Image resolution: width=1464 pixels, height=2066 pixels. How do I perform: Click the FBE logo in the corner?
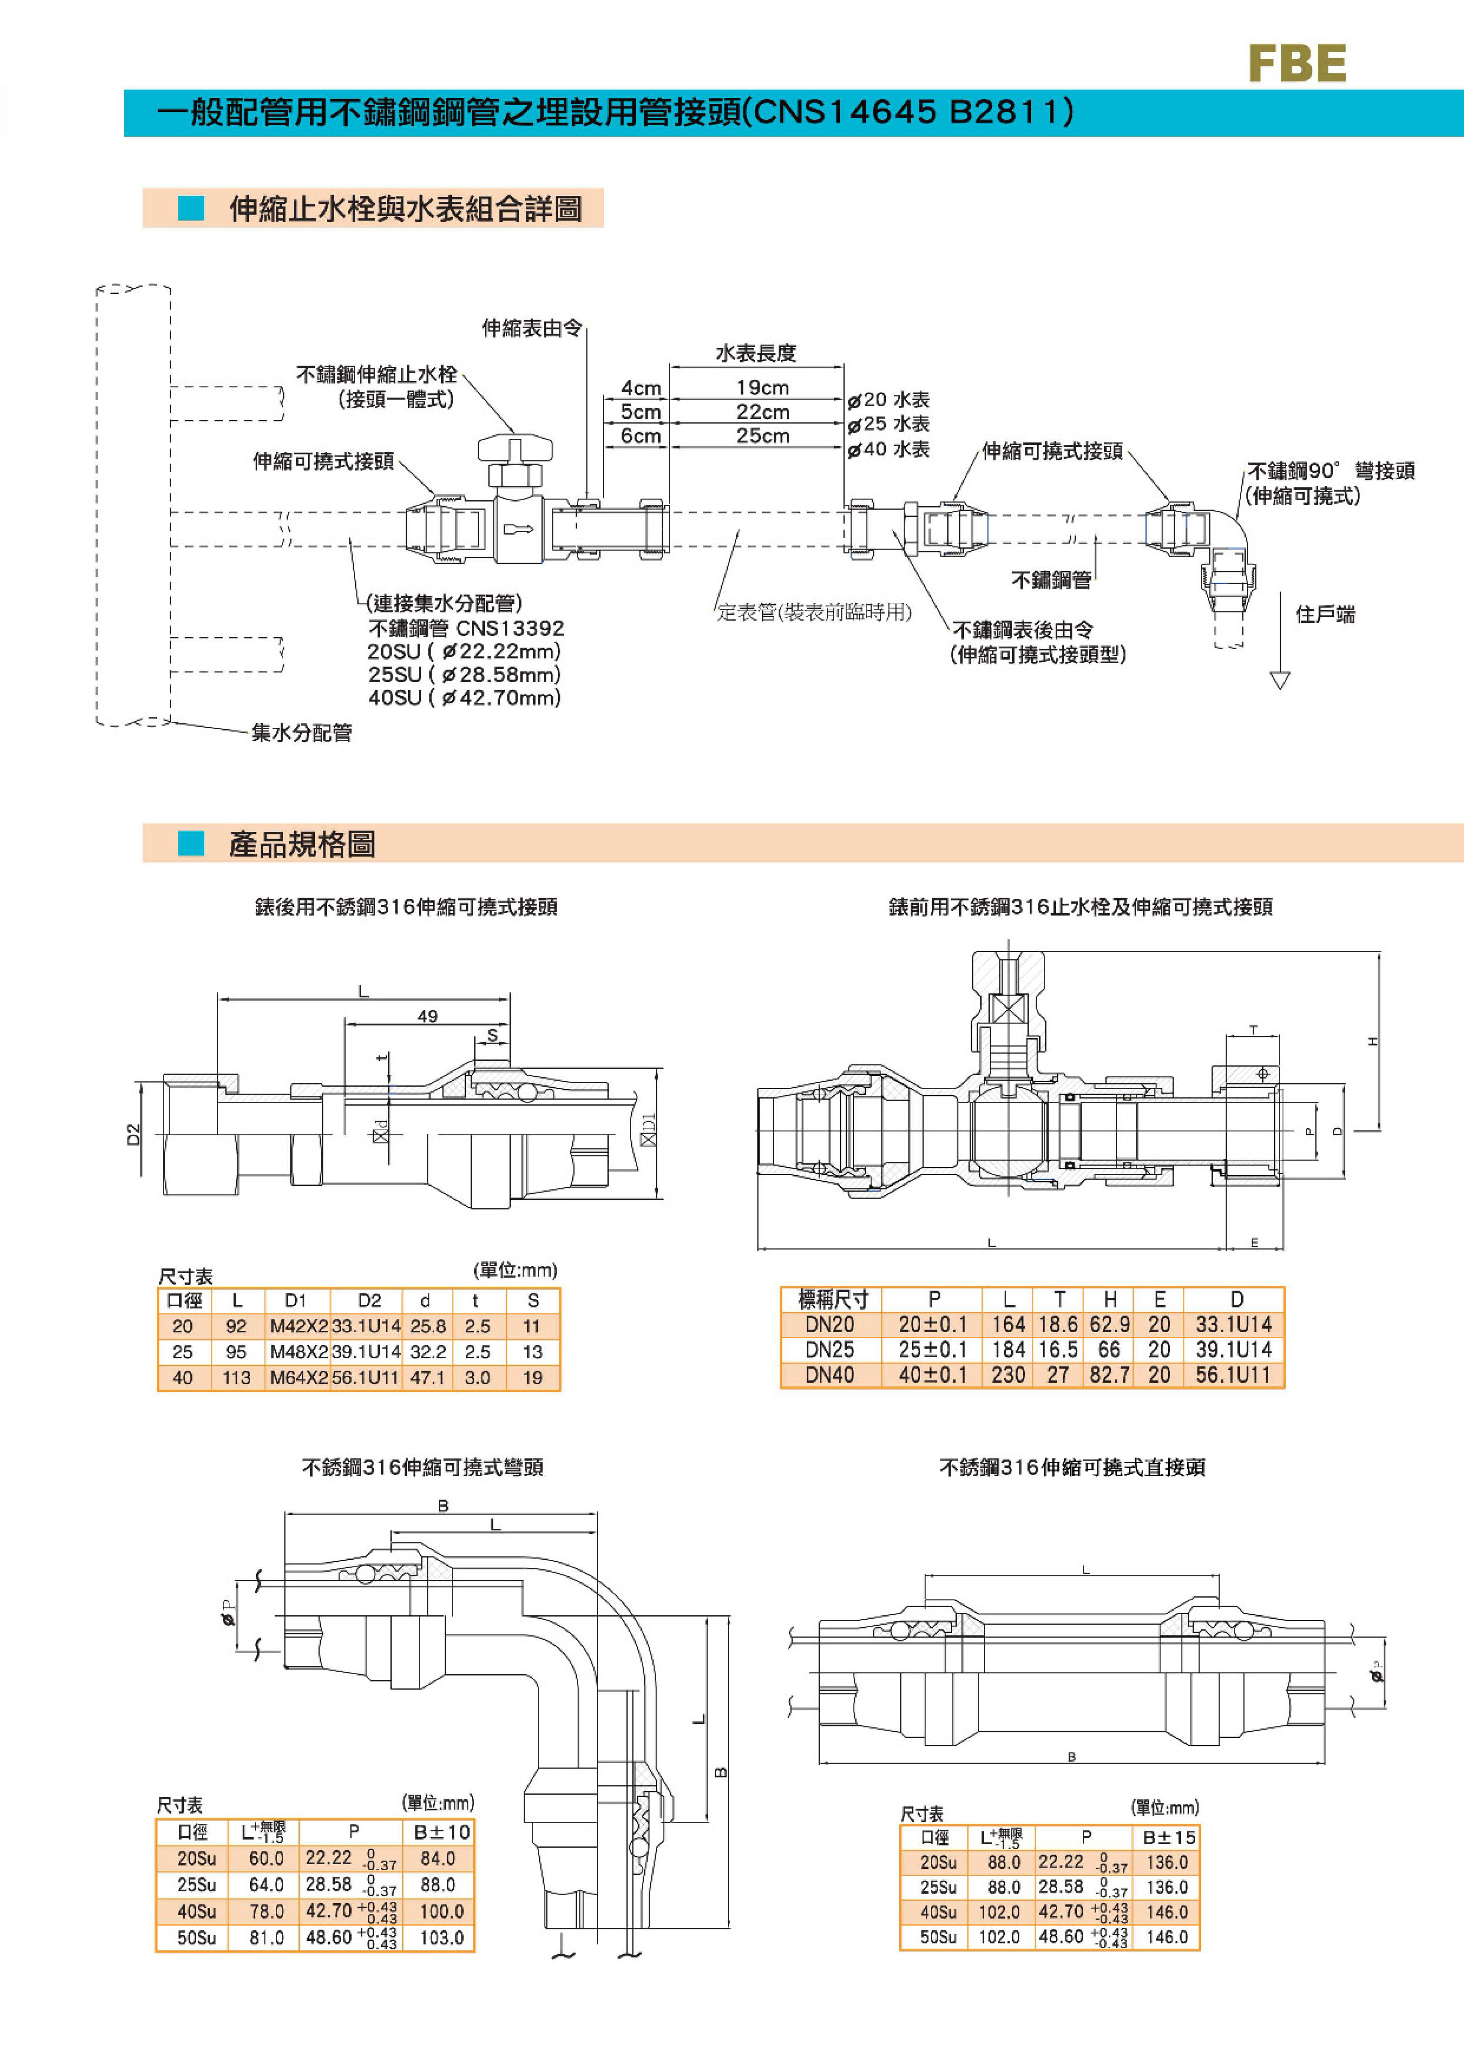(x=1296, y=63)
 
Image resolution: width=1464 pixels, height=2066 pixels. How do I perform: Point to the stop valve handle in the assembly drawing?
(x=515, y=448)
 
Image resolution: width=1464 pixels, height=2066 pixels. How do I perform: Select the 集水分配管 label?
(x=301, y=733)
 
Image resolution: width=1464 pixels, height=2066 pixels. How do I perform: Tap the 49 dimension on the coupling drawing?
(x=427, y=1016)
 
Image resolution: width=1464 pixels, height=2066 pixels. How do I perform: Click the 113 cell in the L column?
(x=236, y=1378)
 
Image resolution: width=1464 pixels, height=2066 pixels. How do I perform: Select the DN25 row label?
(x=829, y=1350)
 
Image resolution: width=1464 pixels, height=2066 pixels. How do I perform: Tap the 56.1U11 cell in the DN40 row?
(x=1233, y=1375)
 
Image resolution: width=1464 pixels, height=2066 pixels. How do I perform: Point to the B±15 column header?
(x=1168, y=1837)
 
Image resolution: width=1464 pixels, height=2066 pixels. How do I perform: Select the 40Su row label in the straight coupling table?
(x=938, y=1912)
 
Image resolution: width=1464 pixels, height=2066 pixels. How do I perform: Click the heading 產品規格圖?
(x=302, y=844)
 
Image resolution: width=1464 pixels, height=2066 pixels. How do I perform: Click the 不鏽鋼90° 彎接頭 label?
(x=1330, y=471)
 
